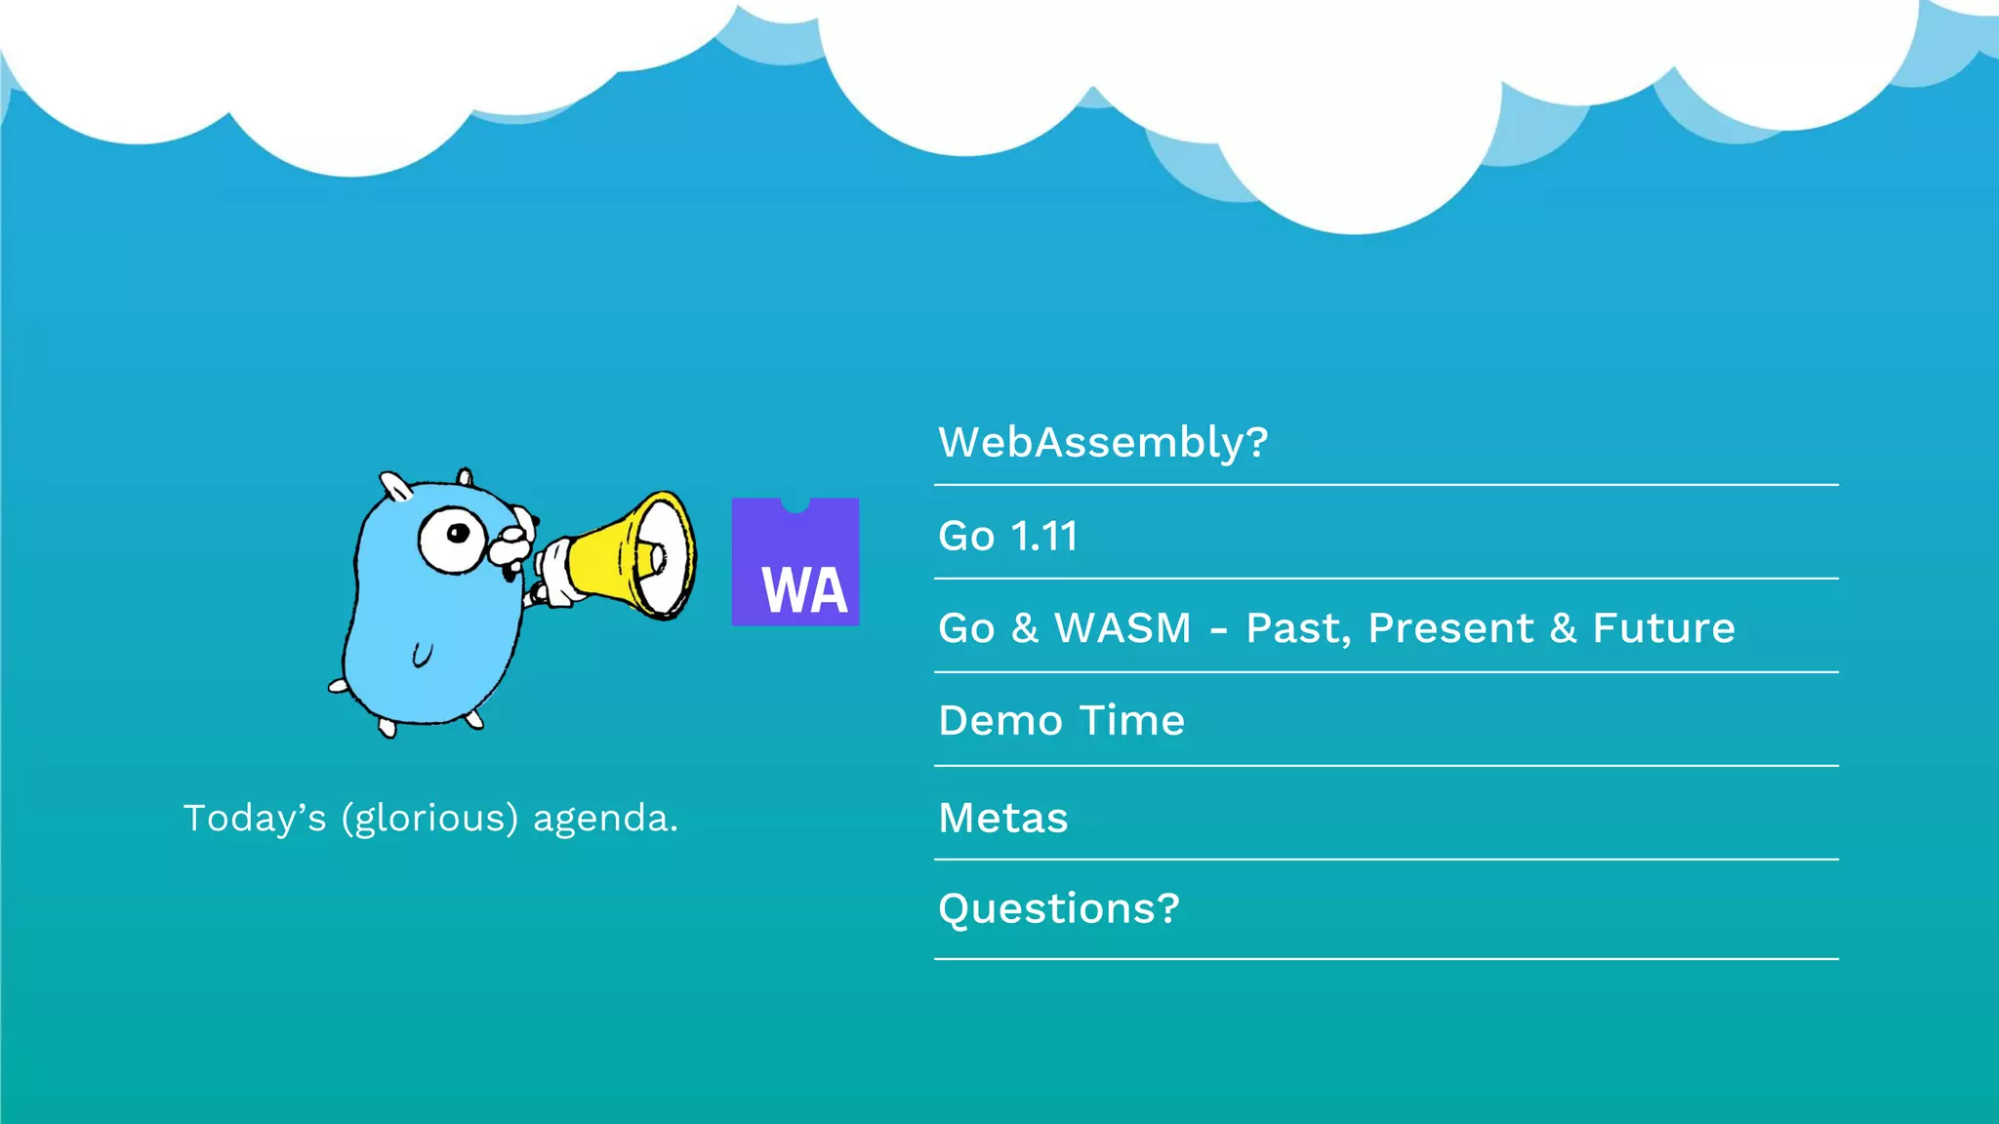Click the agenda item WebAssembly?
coord(1103,443)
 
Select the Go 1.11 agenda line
coord(1007,537)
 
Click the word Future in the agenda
coord(1663,628)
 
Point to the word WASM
coord(1122,628)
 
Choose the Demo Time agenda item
coord(1061,721)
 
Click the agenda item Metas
coord(1002,818)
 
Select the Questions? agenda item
coord(1058,909)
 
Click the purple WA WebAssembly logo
coord(796,562)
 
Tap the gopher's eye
coord(453,537)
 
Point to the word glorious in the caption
coord(429,819)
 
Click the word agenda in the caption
coord(604,819)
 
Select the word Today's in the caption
coord(255,818)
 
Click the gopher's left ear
coord(395,485)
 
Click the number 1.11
coord(1043,537)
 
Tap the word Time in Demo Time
coord(1132,721)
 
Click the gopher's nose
coord(510,535)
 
